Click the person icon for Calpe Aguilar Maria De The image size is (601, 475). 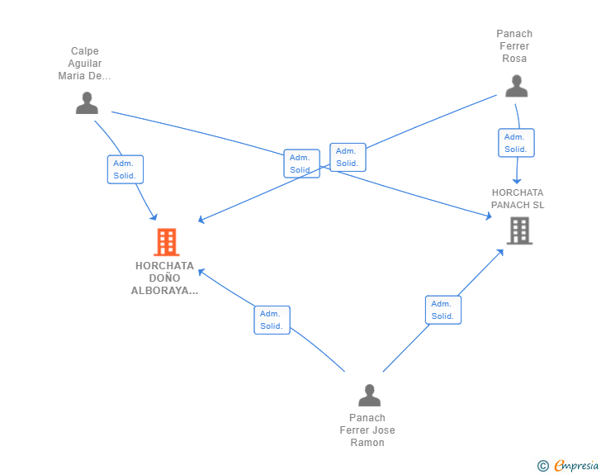point(87,102)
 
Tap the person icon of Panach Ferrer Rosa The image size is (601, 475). point(516,86)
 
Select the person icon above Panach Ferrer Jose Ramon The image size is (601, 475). point(369,395)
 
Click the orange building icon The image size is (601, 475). point(167,242)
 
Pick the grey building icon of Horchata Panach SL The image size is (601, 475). point(520,230)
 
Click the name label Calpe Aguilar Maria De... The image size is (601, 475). point(85,64)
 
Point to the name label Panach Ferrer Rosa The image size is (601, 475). point(514,46)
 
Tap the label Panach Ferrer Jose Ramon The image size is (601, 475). point(367,430)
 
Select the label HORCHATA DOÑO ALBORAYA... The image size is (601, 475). point(165,278)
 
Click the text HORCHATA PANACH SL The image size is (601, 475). point(518,199)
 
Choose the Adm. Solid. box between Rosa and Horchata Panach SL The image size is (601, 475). point(516,143)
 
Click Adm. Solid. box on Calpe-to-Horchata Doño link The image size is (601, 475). point(125,169)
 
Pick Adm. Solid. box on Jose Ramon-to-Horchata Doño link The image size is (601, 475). point(272,320)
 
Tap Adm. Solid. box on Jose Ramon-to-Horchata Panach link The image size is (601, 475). point(443,310)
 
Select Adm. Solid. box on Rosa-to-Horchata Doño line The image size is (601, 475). point(348,157)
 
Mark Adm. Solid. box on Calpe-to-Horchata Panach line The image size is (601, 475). point(301,164)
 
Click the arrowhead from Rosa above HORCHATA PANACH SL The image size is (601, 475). point(517,181)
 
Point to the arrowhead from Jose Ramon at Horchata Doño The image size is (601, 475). point(201,272)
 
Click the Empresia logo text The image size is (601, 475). point(576,466)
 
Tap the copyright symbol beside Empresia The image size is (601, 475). point(542,466)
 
